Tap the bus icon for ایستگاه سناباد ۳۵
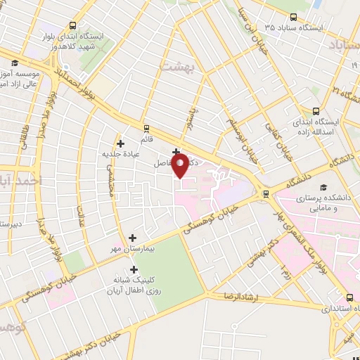tap(292, 18)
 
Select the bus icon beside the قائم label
tap(146, 129)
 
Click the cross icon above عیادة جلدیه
tap(121, 143)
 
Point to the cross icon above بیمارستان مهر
tap(133, 238)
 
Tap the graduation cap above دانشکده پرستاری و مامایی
tap(323, 187)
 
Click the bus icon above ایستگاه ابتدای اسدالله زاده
tap(316, 110)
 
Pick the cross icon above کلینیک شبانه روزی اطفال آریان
tap(134, 269)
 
